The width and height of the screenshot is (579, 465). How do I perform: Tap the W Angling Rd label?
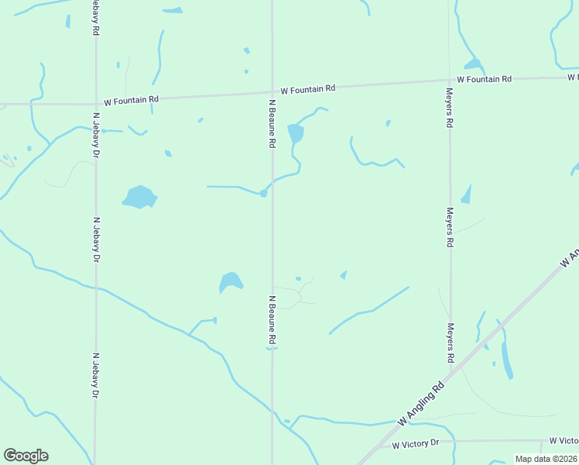click(x=422, y=401)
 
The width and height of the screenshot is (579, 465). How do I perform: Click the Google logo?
click(x=26, y=456)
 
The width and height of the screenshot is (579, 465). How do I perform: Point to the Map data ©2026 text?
click(x=546, y=459)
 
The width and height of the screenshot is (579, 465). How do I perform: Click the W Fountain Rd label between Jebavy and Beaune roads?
click(x=132, y=99)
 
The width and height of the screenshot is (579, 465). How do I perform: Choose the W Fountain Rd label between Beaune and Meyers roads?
click(x=308, y=89)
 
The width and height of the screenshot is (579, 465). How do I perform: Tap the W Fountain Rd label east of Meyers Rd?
click(x=485, y=79)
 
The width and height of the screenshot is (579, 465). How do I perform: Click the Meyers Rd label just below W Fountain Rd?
click(x=449, y=108)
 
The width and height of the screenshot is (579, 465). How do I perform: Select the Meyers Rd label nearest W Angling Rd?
click(x=450, y=343)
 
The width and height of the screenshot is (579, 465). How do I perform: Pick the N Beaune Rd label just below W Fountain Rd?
click(x=272, y=123)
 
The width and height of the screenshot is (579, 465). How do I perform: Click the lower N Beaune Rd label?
click(x=272, y=319)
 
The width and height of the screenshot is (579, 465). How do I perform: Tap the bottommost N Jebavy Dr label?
click(x=96, y=376)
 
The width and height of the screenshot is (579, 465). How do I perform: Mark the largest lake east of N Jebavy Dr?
click(x=140, y=197)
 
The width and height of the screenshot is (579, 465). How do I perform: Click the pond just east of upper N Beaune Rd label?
click(x=296, y=134)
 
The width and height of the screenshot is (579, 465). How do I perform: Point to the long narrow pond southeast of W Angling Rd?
click(x=507, y=358)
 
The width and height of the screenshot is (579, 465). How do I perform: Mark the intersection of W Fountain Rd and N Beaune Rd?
click(x=272, y=92)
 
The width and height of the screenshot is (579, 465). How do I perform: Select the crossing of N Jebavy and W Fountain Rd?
click(x=95, y=102)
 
